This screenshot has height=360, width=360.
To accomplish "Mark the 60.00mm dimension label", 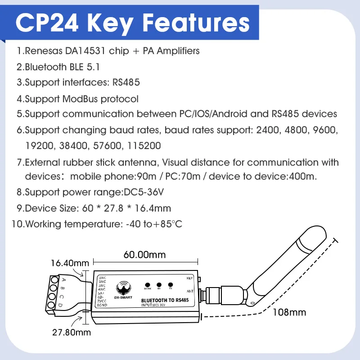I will tap(144, 254).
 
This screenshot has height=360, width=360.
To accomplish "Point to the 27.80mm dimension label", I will tap(71, 333).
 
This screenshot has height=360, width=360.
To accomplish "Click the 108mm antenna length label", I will tap(289, 312).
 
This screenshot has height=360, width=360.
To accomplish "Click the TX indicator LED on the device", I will tap(170, 284).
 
